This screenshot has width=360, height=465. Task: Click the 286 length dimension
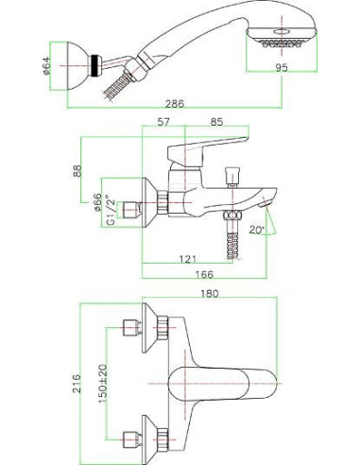(175, 103)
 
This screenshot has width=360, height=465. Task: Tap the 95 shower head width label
(282, 67)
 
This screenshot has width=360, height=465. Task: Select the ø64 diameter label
(46, 66)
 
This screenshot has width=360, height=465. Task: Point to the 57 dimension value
(163, 122)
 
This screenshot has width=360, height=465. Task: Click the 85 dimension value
(216, 122)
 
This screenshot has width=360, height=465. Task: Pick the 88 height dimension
(77, 170)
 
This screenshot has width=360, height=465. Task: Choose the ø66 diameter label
(97, 202)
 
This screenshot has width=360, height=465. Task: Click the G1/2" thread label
(110, 210)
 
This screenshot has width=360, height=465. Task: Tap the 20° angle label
(256, 230)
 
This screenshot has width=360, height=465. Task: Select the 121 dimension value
(188, 259)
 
